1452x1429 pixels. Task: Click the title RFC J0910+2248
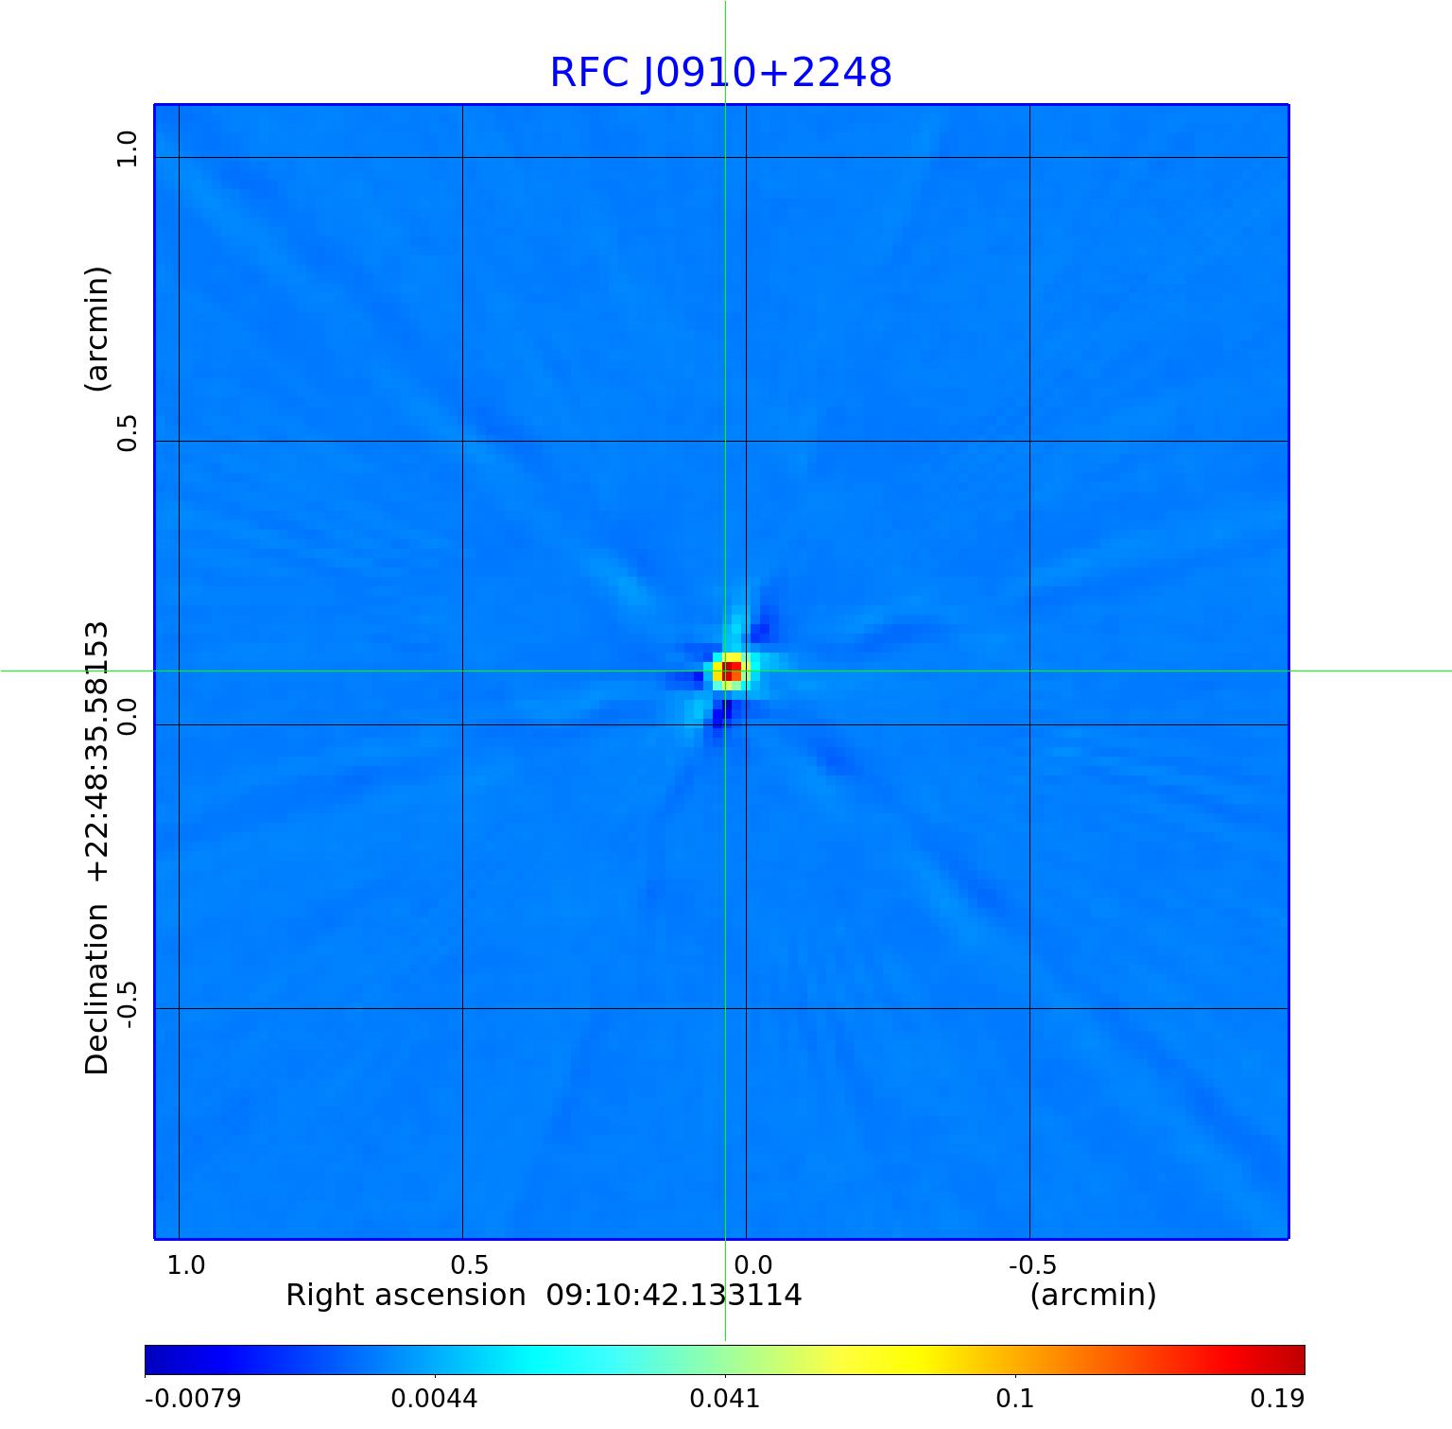tap(720, 73)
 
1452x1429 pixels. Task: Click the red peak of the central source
tap(732, 671)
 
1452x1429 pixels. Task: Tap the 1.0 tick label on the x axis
tap(186, 1264)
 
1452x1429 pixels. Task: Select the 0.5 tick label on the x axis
tap(469, 1264)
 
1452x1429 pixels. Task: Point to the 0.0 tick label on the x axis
tap(753, 1264)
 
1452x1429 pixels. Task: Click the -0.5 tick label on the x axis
tap(1032, 1264)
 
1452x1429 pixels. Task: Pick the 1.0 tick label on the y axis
tap(126, 149)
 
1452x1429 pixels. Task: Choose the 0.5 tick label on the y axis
tap(126, 432)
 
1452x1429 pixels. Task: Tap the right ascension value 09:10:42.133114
tap(674, 1295)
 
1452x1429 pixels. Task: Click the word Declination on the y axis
tap(97, 989)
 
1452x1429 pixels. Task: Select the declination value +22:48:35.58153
tap(97, 752)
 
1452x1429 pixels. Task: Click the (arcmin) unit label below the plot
tap(1093, 1295)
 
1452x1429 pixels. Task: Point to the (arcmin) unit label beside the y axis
tap(97, 329)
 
